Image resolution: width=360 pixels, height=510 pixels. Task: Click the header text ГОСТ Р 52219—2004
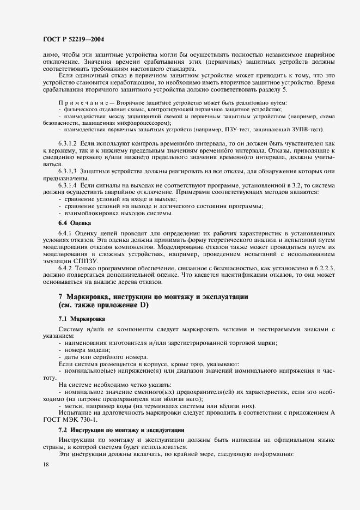click(73, 39)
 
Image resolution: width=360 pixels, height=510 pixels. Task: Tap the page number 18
click(45, 464)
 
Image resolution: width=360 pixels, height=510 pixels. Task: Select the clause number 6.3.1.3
click(70, 171)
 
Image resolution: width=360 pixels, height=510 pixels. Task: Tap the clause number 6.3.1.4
click(70, 185)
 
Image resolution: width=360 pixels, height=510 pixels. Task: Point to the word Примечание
click(78, 104)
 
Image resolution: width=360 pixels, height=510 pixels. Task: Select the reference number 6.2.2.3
click(310, 269)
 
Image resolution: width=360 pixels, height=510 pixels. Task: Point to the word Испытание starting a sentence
click(76, 412)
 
